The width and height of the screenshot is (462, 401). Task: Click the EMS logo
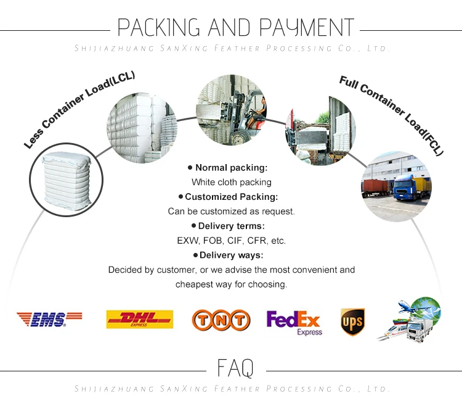pos(49,319)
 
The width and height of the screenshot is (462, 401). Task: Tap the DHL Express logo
pos(139,319)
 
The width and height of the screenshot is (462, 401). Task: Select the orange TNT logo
pos(221,320)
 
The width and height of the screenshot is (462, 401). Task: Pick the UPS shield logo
pos(352,321)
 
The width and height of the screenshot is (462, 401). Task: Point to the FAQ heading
pos(235,368)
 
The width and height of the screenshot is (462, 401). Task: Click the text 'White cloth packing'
pos(231,182)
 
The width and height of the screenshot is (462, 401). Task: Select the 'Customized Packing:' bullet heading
pos(232,197)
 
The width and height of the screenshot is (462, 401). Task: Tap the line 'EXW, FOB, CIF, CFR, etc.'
pos(231,240)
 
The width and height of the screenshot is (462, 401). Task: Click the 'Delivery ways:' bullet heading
pos(232,255)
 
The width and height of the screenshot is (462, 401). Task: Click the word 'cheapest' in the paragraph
pos(195,284)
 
